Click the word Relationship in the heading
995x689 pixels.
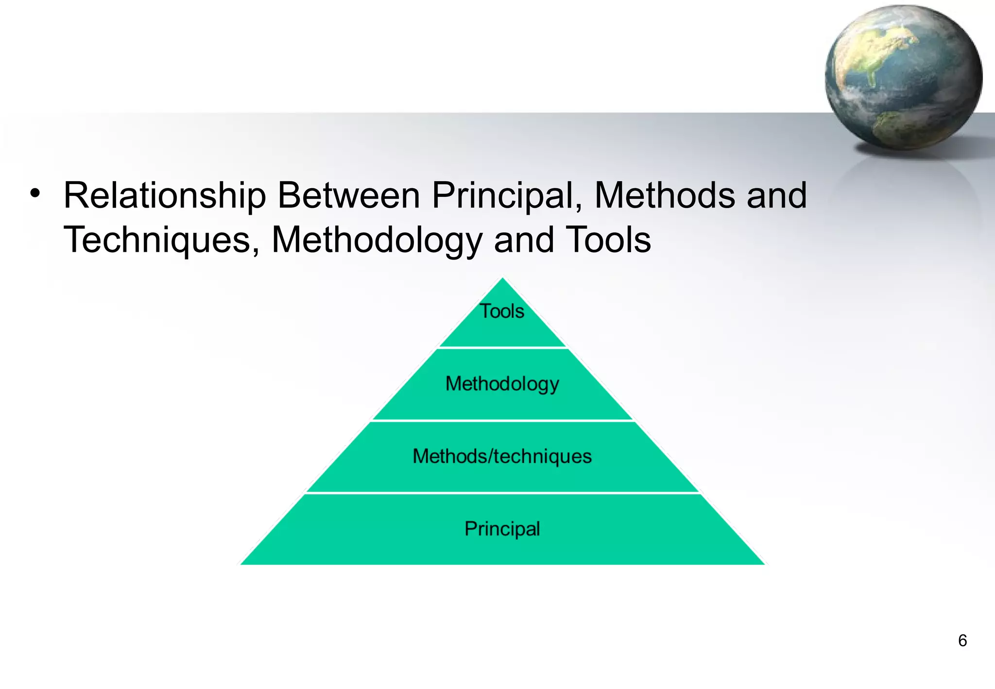point(165,196)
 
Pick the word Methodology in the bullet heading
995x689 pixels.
point(377,241)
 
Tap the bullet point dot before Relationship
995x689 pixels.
point(34,194)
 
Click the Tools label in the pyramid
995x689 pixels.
point(502,311)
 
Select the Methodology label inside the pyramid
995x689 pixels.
point(502,384)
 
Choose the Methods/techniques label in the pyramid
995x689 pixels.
point(502,456)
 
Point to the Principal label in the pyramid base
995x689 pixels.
point(502,529)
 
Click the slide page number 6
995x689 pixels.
point(962,640)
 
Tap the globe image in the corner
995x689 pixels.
point(903,78)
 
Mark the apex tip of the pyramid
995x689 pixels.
point(503,279)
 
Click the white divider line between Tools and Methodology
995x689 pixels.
point(503,348)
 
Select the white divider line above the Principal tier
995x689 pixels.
point(503,493)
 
